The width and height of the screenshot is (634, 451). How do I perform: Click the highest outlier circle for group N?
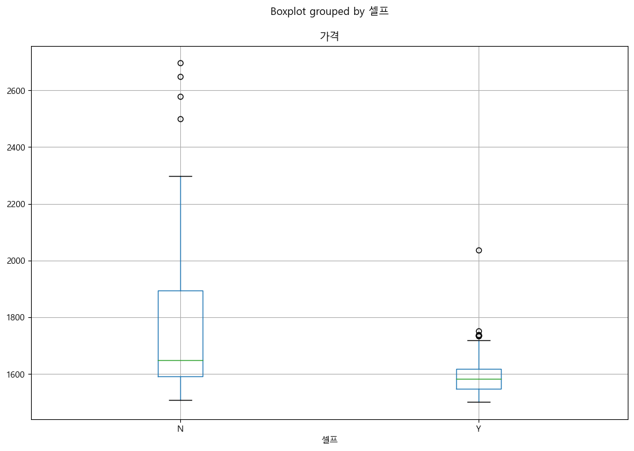coord(180,63)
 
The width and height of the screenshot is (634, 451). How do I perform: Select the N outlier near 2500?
coord(180,119)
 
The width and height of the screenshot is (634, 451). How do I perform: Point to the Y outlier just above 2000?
coord(479,250)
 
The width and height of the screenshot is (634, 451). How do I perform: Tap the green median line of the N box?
coord(180,360)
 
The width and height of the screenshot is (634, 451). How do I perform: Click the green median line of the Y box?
coord(479,379)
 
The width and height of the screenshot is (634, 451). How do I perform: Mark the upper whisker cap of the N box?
coord(180,176)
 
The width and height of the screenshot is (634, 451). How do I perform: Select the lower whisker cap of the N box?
coord(180,401)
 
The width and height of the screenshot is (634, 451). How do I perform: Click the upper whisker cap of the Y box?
coord(479,340)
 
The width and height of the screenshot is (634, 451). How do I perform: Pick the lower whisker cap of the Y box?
coord(479,402)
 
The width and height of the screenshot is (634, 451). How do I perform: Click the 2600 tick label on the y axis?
coord(16,91)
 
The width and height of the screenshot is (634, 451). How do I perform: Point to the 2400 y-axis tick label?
coord(16,147)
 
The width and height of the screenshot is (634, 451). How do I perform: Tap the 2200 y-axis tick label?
coord(16,204)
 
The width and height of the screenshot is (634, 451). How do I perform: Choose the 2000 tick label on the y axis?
coord(16,261)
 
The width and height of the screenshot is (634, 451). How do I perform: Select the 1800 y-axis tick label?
coord(16,317)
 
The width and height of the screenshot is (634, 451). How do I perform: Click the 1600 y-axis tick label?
coord(16,374)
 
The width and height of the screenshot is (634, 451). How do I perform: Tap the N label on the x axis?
coord(180,429)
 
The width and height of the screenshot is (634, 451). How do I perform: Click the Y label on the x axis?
coord(479,429)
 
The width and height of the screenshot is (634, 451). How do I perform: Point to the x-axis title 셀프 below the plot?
coord(329,440)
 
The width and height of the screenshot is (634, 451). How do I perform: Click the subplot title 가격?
coord(329,36)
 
